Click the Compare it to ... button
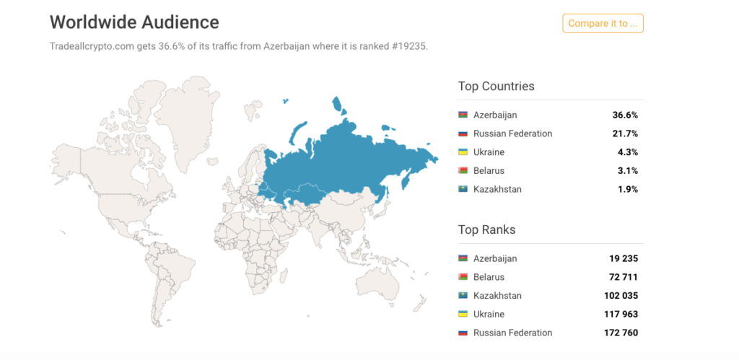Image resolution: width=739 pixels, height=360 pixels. click(x=603, y=23)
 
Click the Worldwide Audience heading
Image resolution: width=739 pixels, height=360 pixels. click(x=134, y=22)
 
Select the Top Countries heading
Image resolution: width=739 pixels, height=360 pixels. click(x=496, y=87)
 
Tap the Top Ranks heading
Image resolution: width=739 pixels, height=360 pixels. click(x=486, y=230)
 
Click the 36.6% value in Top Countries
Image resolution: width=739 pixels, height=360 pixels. click(x=625, y=115)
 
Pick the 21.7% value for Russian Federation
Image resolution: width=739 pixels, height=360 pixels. click(x=625, y=133)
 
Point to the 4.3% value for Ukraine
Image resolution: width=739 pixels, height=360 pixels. click(x=627, y=152)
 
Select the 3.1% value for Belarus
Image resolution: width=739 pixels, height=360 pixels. click(x=627, y=171)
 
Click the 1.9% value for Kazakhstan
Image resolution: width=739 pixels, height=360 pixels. click(x=627, y=189)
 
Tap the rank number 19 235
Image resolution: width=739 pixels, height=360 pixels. click(x=623, y=258)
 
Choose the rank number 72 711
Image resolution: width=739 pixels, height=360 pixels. click(x=623, y=277)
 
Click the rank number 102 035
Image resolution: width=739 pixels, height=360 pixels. click(x=621, y=296)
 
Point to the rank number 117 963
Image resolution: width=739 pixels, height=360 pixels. click(x=621, y=315)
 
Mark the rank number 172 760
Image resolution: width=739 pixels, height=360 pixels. click(x=621, y=333)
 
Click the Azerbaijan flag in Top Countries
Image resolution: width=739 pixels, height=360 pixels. click(x=463, y=115)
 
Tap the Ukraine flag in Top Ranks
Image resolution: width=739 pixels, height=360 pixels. click(x=463, y=315)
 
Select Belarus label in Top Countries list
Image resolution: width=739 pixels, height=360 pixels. click(x=489, y=171)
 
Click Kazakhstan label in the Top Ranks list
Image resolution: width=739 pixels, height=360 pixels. click(x=497, y=296)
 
